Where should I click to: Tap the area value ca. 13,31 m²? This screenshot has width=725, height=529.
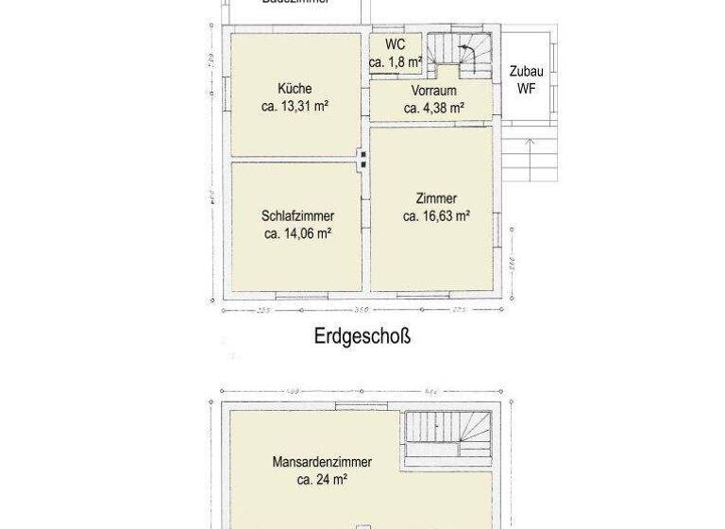tap(295, 107)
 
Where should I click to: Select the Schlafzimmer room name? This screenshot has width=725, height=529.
tap(297, 215)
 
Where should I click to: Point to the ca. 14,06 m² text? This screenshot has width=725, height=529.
tap(297, 233)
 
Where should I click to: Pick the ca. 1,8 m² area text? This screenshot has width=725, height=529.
tap(396, 62)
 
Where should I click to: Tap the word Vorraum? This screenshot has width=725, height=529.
tap(434, 91)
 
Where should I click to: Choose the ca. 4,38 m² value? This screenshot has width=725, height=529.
tap(434, 108)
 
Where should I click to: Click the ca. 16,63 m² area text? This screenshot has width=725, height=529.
tap(436, 216)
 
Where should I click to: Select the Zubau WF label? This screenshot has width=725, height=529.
tap(526, 80)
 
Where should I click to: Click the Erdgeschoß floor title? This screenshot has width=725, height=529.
tap(362, 336)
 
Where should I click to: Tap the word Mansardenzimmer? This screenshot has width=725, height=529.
tap(321, 462)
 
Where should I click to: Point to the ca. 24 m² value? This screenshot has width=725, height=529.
tap(321, 480)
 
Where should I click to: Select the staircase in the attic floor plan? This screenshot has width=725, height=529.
tap(448, 436)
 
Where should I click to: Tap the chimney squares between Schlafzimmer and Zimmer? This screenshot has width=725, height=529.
tap(363, 158)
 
